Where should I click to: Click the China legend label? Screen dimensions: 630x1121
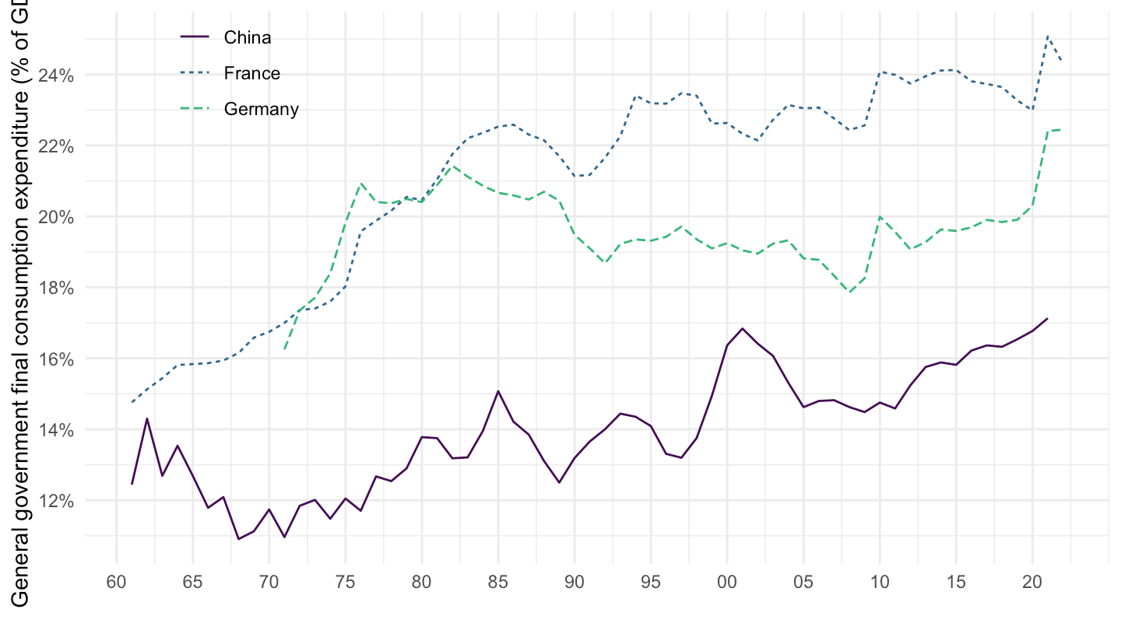247,37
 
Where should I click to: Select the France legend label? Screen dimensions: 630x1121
251,73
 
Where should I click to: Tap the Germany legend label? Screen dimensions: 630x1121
261,109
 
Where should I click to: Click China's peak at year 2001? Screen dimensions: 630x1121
743,328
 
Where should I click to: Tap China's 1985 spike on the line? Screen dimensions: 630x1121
498,390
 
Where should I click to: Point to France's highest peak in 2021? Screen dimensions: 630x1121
1048,36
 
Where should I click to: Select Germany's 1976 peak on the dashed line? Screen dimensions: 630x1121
361,184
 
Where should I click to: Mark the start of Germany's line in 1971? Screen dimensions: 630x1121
285,349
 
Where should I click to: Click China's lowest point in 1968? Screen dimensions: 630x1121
239,539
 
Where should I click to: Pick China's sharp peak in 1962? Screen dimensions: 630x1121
147,418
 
